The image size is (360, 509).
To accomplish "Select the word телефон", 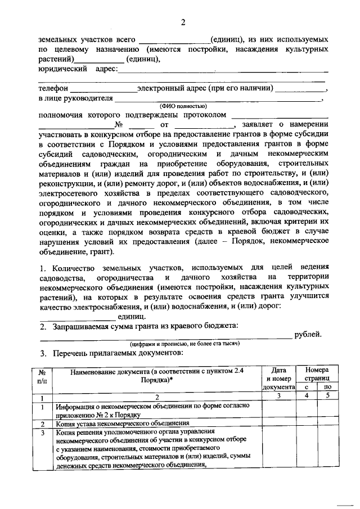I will point(53,88).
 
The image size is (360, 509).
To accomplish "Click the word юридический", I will point(62,69).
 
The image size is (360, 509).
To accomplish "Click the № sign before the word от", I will point(119,125).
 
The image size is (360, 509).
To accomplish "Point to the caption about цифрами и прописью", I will point(183,344).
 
